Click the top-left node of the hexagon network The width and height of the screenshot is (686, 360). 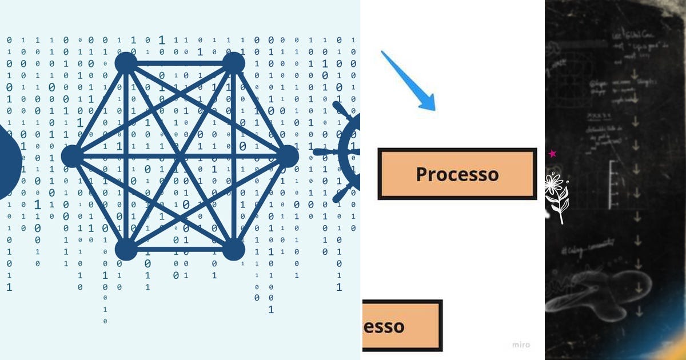pos(126,62)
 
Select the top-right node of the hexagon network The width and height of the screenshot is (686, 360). pos(233,62)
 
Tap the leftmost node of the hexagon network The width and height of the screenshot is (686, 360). pos(72,156)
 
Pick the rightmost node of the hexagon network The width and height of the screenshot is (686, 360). pos(288,156)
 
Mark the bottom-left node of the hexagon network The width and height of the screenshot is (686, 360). pos(126,250)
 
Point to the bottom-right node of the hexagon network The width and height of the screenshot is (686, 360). pos(233,250)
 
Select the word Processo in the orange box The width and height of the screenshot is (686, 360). pos(457,174)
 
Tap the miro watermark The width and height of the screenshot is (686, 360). pos(521,345)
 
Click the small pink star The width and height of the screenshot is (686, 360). pos(552,154)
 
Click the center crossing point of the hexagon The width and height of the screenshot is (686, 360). pos(180,156)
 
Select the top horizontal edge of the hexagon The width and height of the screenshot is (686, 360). pos(180,62)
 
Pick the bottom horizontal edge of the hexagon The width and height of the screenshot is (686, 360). pos(180,250)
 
